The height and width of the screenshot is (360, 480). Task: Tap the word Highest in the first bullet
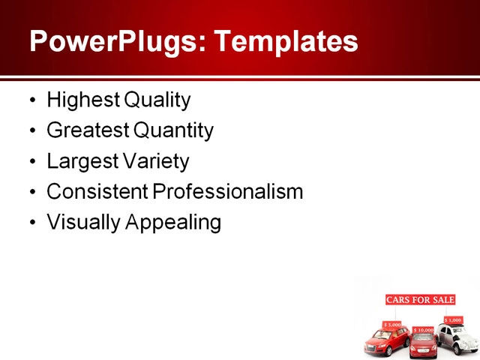pos(76,100)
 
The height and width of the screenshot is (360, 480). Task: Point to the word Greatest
pos(87,130)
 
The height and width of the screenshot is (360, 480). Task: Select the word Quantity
pos(174,130)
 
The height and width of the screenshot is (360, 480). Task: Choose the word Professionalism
pos(228,192)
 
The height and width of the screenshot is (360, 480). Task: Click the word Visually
pos(78,223)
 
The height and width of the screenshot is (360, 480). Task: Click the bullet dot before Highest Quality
pos(31,100)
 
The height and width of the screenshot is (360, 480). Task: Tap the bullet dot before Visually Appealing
pos(31,223)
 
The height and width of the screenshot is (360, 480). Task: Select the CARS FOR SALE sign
pos(420,300)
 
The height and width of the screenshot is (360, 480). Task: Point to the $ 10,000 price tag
pos(424,329)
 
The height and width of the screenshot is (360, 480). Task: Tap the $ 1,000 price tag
pos(453,319)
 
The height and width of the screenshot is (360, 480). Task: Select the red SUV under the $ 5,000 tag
pos(386,341)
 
